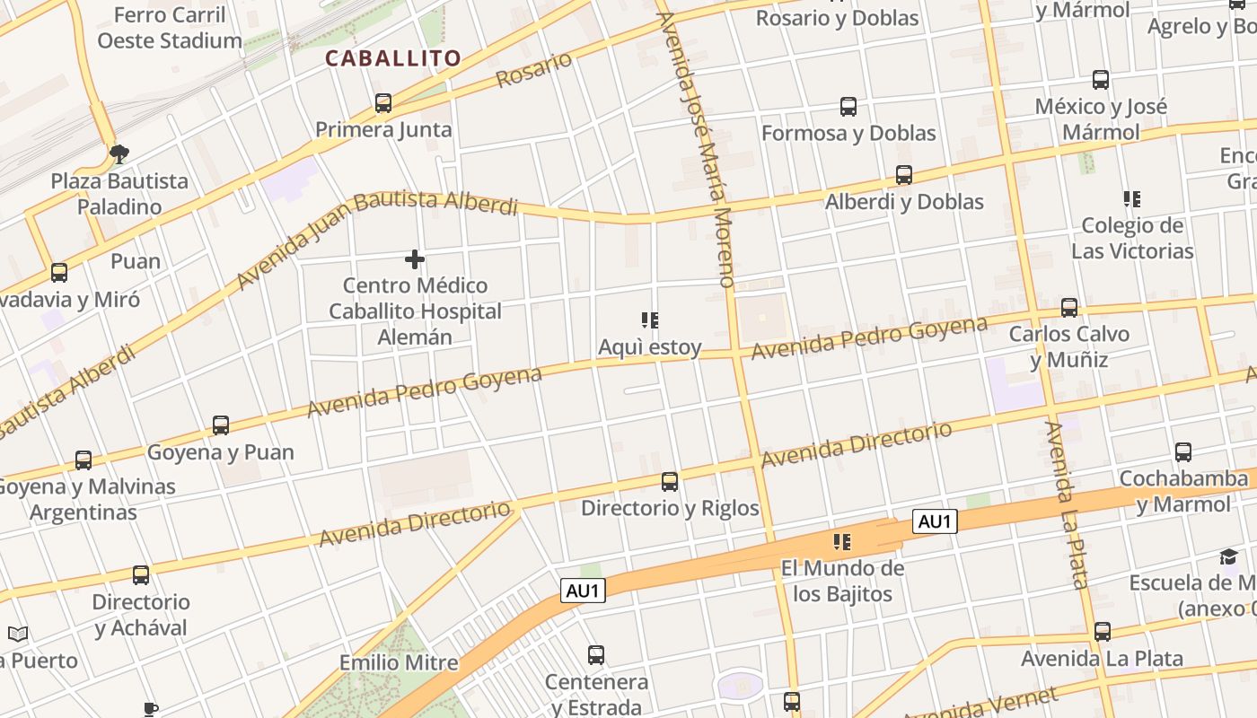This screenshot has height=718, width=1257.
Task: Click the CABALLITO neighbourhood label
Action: tap(393, 59)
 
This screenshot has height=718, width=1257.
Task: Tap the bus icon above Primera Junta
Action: tap(383, 103)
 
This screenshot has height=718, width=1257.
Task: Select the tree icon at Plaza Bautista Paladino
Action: tap(119, 154)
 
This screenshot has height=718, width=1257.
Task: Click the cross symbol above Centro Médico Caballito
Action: tap(414, 260)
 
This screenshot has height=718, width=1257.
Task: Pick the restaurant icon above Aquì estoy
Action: tap(650, 320)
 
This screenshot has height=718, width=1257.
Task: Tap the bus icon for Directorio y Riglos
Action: tap(670, 482)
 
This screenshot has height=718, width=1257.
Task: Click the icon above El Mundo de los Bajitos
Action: tap(841, 541)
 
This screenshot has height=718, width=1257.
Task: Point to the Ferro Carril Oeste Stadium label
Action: tap(170, 28)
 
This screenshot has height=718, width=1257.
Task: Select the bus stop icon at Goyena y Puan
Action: tap(221, 425)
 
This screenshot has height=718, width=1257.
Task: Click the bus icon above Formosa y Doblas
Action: tap(848, 107)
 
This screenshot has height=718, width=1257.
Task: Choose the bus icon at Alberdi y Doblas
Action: tap(904, 175)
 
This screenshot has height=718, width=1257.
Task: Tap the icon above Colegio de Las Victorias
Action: tap(1131, 198)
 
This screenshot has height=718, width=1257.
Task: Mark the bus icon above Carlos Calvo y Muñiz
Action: tap(1069, 308)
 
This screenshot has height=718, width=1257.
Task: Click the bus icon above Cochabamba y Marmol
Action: tap(1183, 452)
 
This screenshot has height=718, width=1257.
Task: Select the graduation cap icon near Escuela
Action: tap(1228, 557)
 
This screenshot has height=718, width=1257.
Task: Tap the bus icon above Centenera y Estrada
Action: tap(596, 655)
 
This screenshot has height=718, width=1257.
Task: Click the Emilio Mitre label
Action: tap(399, 663)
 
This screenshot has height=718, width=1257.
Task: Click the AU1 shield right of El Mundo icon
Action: tap(935, 521)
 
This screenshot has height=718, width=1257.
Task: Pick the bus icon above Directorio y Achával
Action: tap(141, 575)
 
